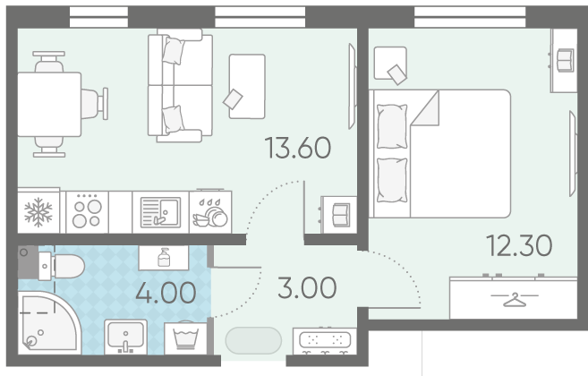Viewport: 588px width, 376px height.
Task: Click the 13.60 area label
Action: [298, 148]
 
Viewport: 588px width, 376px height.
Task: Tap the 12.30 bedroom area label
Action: [519, 245]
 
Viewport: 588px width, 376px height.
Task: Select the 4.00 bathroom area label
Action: [166, 293]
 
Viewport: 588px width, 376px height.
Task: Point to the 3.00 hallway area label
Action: [307, 287]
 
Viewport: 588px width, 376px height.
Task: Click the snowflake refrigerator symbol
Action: [38, 212]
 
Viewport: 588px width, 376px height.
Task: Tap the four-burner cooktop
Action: [87, 212]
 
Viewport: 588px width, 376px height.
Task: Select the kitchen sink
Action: [160, 212]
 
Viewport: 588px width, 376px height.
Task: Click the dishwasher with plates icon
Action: [210, 212]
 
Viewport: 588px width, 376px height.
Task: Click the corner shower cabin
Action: [48, 323]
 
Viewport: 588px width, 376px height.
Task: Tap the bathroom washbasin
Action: [125, 337]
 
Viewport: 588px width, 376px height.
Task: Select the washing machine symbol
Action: [185, 338]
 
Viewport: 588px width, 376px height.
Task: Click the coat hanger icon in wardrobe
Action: [515, 299]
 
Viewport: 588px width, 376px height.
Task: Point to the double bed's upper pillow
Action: [392, 126]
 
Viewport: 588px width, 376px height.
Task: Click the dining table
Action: [49, 105]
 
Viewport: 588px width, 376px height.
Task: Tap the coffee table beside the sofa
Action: [247, 86]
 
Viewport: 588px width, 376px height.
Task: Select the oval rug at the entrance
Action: [253, 341]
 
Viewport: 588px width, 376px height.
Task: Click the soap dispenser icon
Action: [164, 258]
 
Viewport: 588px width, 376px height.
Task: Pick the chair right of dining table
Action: [95, 104]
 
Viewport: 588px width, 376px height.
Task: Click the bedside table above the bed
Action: [390, 63]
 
